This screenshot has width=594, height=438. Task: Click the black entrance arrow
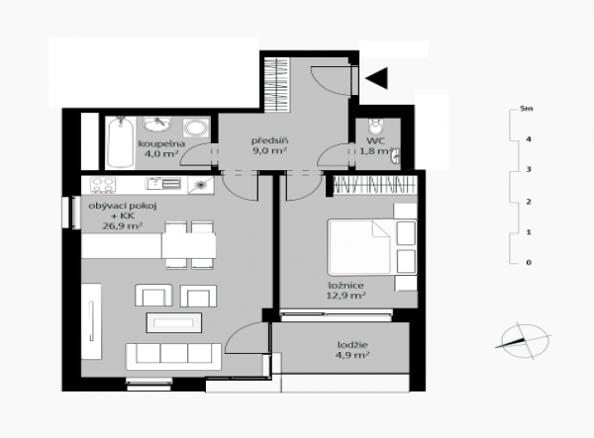coord(378,78)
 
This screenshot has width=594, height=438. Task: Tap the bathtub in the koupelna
coord(121,142)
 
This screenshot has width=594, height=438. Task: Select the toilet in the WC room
coord(376,127)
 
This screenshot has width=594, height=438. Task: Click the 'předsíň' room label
coord(270,140)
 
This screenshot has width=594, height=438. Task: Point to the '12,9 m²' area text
coord(346,296)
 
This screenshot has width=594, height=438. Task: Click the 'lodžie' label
coord(352,345)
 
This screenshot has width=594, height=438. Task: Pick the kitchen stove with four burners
coord(103,185)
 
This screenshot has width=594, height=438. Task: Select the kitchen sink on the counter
coord(163,184)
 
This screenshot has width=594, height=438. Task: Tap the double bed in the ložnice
coord(372,247)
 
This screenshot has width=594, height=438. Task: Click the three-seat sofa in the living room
coord(173,356)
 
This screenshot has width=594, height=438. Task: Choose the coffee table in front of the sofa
coord(174,322)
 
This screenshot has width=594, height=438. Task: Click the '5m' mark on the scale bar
coord(527,109)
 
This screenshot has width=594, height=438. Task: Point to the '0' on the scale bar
coord(529,262)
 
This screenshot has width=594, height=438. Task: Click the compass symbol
coord(524,341)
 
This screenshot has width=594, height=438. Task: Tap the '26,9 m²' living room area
coord(123,226)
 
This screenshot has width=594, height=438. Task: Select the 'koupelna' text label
coord(161,143)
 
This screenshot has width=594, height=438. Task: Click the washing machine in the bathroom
coord(196,128)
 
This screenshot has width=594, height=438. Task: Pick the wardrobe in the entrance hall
coord(277,84)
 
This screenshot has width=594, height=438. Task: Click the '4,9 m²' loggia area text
coord(352,355)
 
